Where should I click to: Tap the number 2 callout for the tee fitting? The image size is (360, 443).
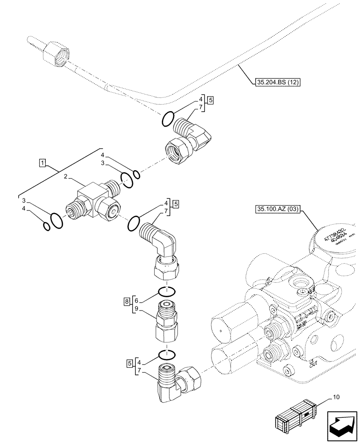[x=66, y=176]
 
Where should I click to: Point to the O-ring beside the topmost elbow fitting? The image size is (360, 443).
[x=167, y=119]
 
